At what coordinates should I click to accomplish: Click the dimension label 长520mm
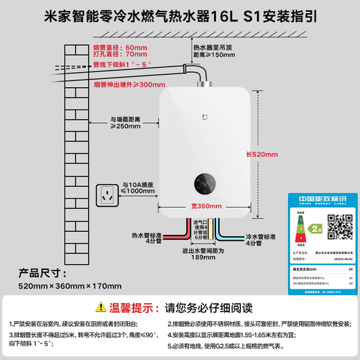[259, 154]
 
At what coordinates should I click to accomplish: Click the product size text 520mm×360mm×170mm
[62, 285]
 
